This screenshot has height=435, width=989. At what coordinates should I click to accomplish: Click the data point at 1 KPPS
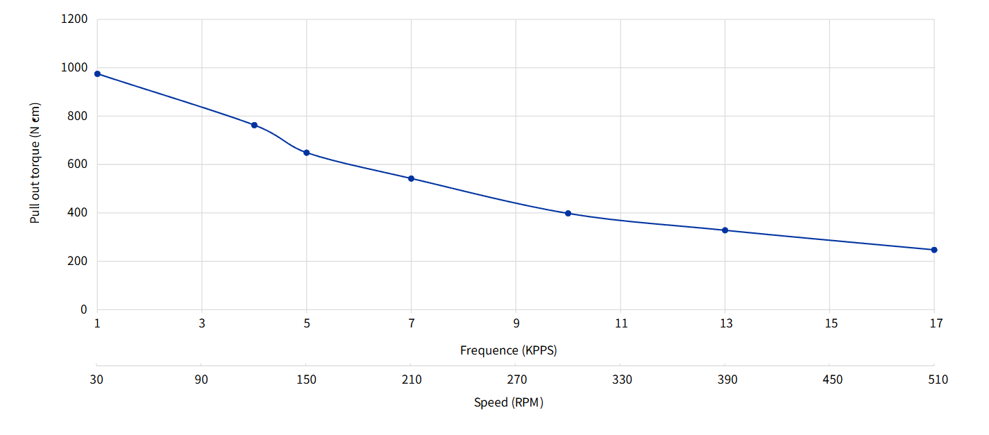(x=97, y=74)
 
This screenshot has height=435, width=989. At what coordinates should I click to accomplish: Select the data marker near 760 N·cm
(x=255, y=125)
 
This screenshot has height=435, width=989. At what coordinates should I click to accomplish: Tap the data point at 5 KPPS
(x=307, y=153)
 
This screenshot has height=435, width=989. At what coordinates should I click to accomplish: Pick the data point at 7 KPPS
(x=412, y=178)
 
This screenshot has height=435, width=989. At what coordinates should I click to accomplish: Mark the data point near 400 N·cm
(x=568, y=214)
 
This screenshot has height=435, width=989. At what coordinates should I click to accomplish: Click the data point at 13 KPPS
(x=725, y=230)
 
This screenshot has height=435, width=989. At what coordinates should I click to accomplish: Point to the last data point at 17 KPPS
(x=934, y=250)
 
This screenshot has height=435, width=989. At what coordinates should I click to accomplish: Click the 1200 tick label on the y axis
(x=74, y=19)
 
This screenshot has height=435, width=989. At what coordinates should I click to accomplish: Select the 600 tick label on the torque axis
(x=78, y=164)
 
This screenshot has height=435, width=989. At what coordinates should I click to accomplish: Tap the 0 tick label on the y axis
(x=84, y=309)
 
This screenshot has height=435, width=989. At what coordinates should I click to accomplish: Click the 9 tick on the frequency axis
(x=516, y=323)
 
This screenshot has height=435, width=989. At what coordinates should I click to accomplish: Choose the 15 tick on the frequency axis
(x=831, y=323)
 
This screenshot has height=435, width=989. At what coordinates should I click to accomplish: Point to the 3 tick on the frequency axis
(x=202, y=323)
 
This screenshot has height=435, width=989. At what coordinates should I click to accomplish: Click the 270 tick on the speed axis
(x=517, y=379)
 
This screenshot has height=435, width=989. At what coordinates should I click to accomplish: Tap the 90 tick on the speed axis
(x=202, y=379)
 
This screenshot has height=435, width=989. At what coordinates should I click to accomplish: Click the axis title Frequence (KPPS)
(x=509, y=350)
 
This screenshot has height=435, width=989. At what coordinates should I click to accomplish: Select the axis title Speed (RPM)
(x=509, y=402)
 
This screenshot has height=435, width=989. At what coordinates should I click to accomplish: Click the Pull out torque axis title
(x=35, y=164)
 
